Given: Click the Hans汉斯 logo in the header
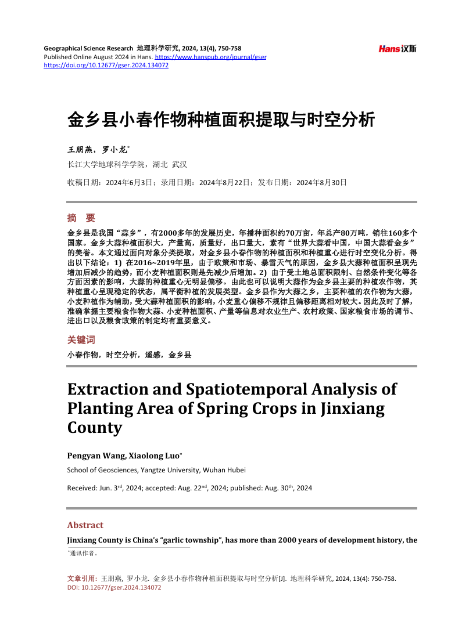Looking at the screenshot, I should click(397, 49).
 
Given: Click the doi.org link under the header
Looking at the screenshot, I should click(106, 66).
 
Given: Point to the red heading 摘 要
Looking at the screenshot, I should click(81, 218).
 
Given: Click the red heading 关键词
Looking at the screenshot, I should click(81, 340).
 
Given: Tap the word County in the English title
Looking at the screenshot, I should click(95, 428).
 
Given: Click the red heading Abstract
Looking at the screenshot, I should click(85, 525).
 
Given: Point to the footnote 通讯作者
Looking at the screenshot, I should click(84, 553).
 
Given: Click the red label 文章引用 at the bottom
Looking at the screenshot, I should click(83, 579).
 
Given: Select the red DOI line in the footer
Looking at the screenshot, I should click(114, 587).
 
